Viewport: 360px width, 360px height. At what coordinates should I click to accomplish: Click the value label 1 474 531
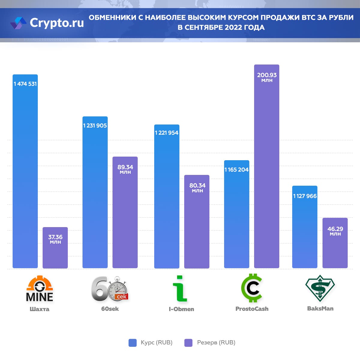coord(25,84)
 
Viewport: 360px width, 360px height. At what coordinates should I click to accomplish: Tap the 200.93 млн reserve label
coord(267,77)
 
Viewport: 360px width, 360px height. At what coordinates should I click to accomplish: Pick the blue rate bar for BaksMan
coord(305,234)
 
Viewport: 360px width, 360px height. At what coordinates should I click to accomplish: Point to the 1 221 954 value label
coord(166,133)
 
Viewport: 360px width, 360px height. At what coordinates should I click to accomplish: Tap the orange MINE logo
coord(40,289)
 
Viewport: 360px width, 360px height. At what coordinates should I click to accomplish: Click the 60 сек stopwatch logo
coord(110,289)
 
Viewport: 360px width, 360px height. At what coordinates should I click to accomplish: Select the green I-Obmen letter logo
coord(180,289)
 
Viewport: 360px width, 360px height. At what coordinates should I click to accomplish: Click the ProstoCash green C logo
coord(252,288)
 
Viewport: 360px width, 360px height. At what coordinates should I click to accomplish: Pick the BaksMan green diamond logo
coord(320,288)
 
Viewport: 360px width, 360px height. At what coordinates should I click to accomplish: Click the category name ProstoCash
coord(252,309)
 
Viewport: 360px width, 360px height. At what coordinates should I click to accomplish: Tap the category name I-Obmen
coord(181,309)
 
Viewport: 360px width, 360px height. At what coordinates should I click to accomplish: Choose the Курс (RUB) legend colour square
coord(133,343)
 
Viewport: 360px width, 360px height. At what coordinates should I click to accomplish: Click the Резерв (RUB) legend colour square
coord(188,343)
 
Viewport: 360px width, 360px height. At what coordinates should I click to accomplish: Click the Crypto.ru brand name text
coord(57,23)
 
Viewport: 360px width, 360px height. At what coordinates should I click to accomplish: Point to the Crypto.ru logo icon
coord(18,23)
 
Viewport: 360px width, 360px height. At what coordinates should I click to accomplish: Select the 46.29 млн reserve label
coord(335,231)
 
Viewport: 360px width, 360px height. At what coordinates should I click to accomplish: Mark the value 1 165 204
coord(236,170)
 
